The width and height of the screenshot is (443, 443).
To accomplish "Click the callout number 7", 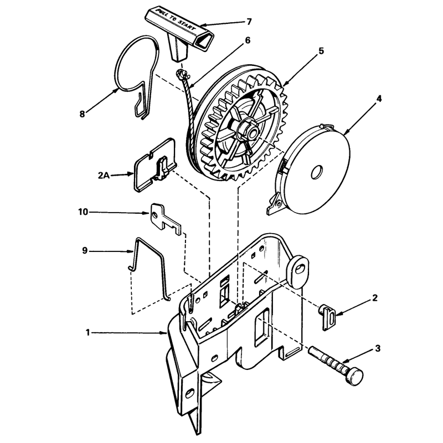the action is (249, 22).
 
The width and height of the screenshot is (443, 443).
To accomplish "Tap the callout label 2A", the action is (104, 175).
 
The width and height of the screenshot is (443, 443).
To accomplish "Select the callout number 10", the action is (84, 212).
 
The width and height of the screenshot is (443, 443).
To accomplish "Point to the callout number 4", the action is (379, 99).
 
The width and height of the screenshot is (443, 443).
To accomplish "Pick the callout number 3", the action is (378, 349).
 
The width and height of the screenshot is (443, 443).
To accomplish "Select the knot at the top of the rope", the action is (182, 75).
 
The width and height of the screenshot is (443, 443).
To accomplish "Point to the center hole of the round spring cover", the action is (317, 172).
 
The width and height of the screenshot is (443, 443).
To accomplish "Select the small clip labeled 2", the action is (327, 317).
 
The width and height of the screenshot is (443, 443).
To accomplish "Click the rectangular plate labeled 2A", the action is (155, 165).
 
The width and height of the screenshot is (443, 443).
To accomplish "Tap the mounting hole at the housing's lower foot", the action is (190, 393).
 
